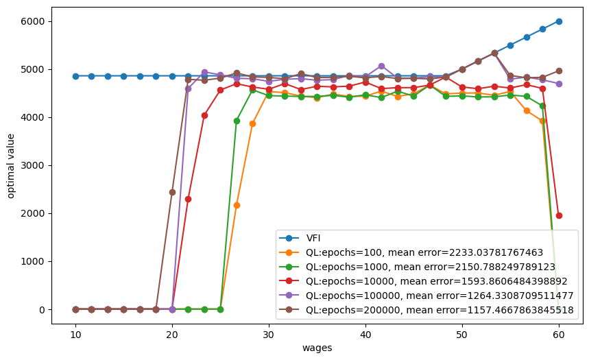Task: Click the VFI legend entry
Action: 300,238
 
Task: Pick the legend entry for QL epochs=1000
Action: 417,267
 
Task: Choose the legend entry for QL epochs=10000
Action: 423,281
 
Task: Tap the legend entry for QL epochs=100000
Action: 426,296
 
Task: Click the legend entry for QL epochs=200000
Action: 426,310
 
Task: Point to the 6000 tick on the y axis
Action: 33,21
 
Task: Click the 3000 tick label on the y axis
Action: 33,165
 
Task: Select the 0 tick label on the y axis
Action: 42,310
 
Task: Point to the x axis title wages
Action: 317,348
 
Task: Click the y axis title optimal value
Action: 10,166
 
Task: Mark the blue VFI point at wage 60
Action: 559,21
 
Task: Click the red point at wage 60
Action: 559,216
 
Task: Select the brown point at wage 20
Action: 172,193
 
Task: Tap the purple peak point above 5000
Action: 381,66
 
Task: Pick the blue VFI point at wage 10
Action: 75,76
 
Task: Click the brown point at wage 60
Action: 559,71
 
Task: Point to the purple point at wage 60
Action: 559,84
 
